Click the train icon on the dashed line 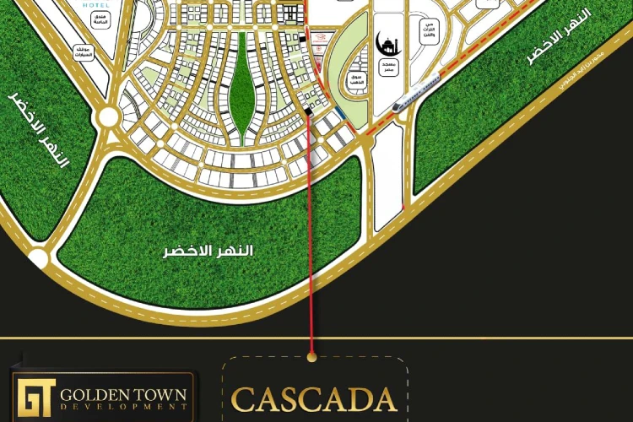pos(417,90)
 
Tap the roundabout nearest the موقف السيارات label pos(108,116)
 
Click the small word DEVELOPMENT pos(124,408)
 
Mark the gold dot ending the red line pos(312,358)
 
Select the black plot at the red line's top pos(310,111)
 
